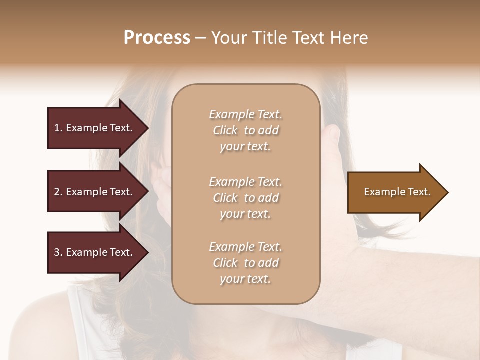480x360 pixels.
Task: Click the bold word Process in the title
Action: coord(157,38)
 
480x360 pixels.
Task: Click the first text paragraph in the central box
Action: coord(245,130)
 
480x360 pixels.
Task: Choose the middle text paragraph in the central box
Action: coord(245,198)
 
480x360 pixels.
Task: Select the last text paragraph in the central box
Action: coord(245,263)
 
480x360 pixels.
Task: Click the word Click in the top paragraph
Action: coord(225,130)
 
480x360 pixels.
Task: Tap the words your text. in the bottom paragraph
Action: coord(245,279)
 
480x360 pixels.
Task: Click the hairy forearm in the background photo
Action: coord(400,280)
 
